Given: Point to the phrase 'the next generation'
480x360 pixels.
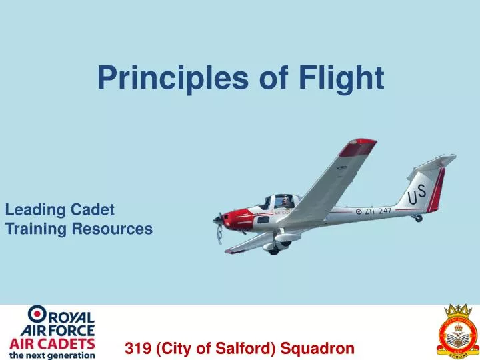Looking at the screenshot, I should [x=52, y=355].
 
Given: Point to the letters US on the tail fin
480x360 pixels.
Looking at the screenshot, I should [x=417, y=195].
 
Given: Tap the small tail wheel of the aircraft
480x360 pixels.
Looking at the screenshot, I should [x=418, y=218].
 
